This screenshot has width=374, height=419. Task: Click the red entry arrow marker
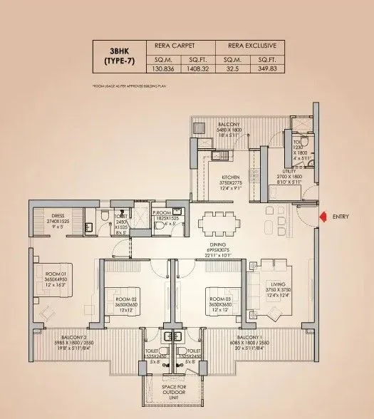coord(322,217)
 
